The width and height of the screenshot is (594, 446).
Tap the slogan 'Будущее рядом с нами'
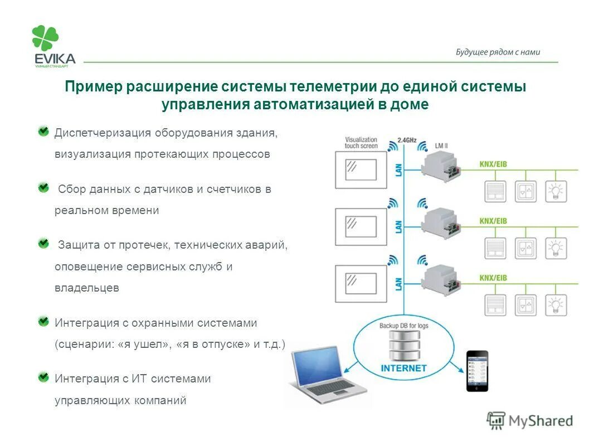[x=498, y=52]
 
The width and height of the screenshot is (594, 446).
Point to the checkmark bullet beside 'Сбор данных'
[x=43, y=188]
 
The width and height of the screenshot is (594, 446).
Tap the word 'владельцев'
[x=86, y=288]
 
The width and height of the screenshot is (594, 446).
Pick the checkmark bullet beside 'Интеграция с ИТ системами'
[x=43, y=377]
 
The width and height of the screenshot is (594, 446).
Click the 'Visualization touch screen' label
[x=361, y=143]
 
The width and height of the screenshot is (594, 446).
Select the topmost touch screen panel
[x=361, y=169]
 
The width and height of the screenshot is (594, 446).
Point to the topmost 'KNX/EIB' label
[x=493, y=164]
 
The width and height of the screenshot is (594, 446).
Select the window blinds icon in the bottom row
[x=494, y=304]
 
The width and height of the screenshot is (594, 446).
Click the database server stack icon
[x=403, y=346]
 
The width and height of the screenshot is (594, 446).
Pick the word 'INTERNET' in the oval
[x=403, y=369]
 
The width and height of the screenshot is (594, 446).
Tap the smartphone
[x=477, y=371]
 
